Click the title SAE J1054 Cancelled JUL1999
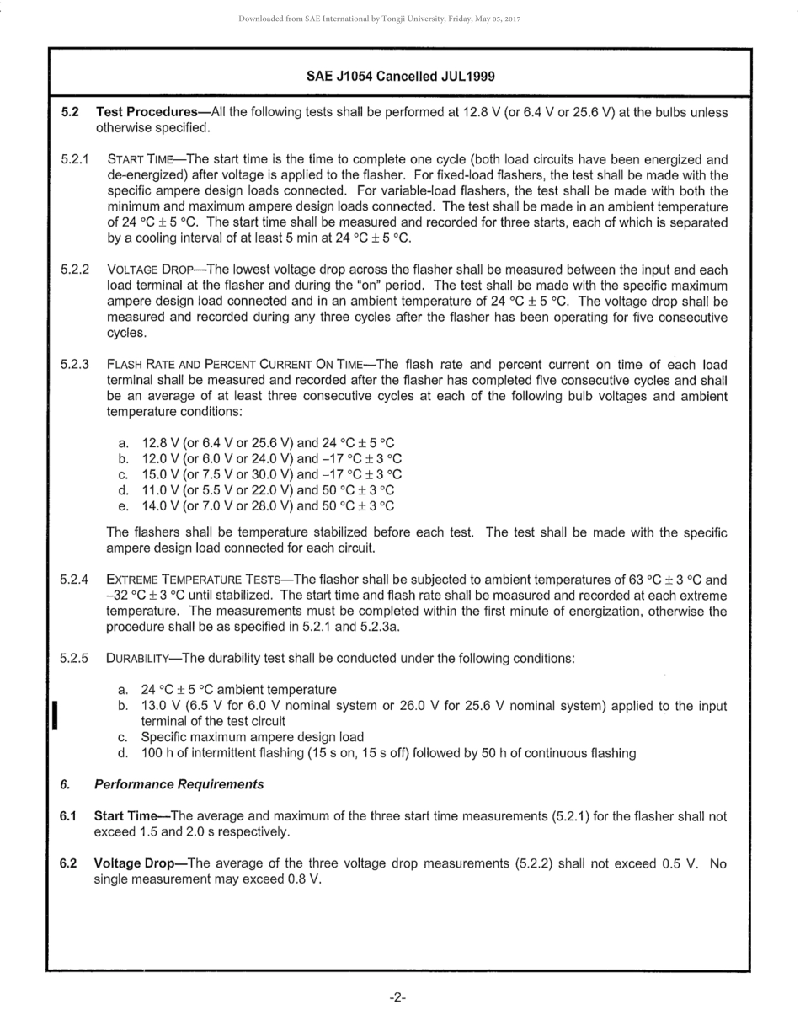click(400, 76)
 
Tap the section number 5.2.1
click(75, 159)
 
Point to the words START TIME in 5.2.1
click(142, 159)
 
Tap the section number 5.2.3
click(75, 365)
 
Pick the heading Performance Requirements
click(179, 784)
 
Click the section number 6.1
click(68, 816)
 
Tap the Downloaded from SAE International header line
click(379, 19)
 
